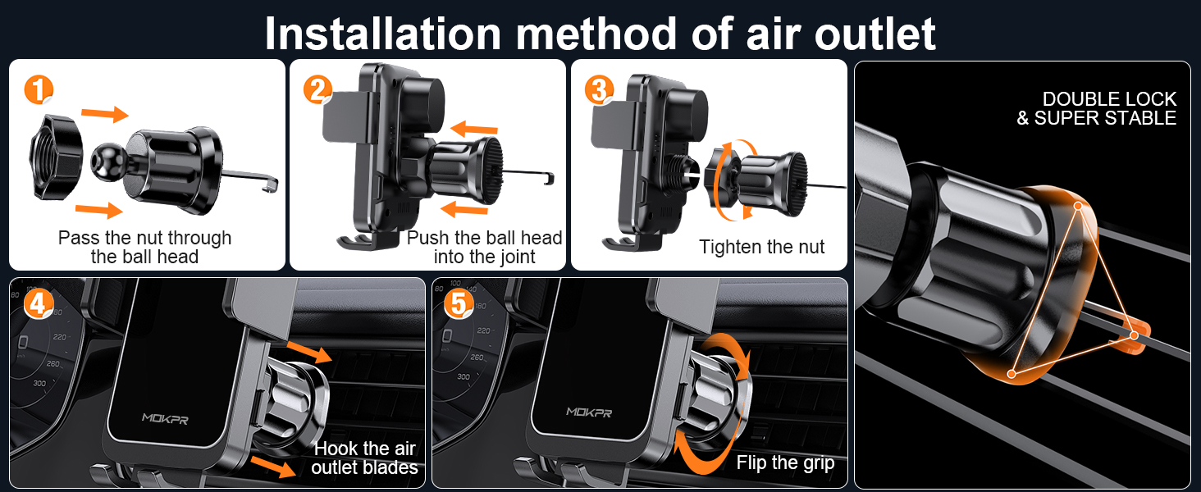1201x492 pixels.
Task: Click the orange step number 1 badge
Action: [x=38, y=89]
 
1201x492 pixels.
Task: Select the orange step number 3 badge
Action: [x=600, y=89]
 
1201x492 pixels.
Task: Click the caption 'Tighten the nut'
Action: [x=761, y=247]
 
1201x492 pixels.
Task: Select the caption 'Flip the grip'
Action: [x=785, y=463]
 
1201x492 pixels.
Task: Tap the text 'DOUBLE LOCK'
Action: [x=1109, y=99]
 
